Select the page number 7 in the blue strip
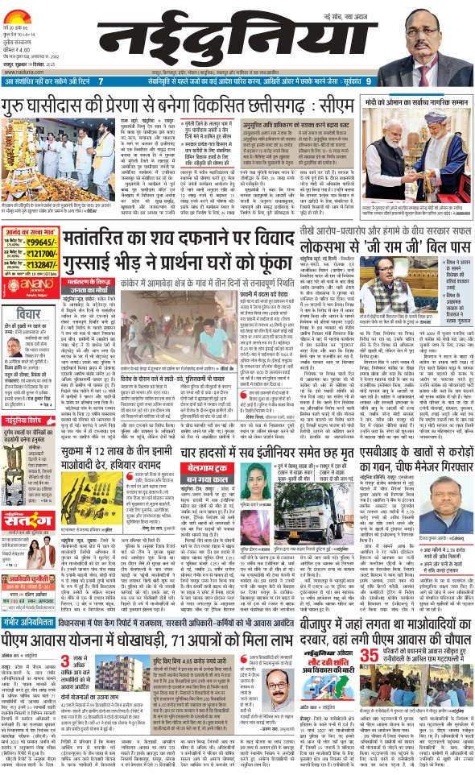100,81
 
